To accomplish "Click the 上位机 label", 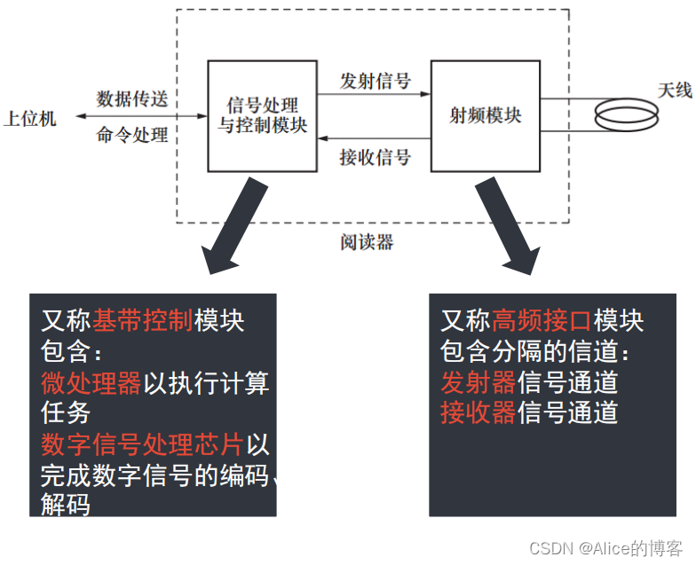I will click(29, 118).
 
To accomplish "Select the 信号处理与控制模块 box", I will click(262, 115).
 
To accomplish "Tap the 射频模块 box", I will click(485, 115).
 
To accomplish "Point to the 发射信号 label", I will click(375, 82).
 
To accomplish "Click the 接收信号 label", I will click(375, 158).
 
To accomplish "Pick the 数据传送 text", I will click(132, 98).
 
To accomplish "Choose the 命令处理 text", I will click(132, 136).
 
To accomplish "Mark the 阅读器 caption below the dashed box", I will click(366, 241).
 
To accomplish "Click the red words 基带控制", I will click(142, 320).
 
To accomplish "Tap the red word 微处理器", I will click(91, 383).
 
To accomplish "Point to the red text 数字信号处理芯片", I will click(142, 444).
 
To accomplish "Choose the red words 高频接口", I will click(542, 320).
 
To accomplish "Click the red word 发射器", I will click(478, 382).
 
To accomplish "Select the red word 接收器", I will click(478, 412).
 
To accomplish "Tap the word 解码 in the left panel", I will click(67, 505).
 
